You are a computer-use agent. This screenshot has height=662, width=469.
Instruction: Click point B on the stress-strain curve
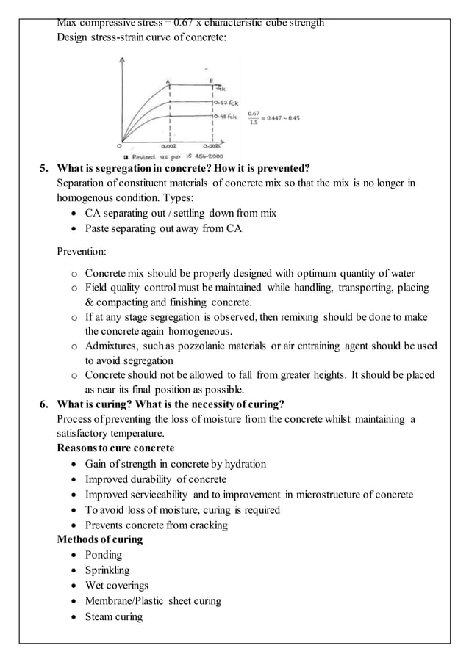pos(212,80)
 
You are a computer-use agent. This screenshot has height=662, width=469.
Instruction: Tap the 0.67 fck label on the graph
pos(224,103)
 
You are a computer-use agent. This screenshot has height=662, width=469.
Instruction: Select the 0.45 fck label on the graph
pos(224,117)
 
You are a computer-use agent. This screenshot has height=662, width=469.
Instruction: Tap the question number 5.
pos(43,168)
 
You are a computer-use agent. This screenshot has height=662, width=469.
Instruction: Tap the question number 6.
pos(43,404)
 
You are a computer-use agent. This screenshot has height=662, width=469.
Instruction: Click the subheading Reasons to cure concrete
pos(115,448)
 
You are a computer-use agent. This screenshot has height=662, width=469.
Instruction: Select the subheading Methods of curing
pos(100,539)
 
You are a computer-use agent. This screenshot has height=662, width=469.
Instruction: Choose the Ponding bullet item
pos(103,555)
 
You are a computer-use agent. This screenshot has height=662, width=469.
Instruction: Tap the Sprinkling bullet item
pos(107,570)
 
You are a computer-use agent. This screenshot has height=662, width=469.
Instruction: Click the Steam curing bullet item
pos(114,616)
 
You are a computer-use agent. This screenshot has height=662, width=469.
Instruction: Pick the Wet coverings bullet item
pos(116,586)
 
